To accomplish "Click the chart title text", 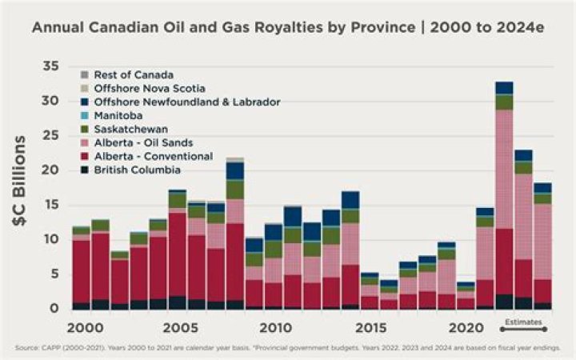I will tap(288, 27).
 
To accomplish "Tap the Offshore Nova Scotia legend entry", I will tap(149, 88).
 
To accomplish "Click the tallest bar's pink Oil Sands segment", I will tap(504, 168).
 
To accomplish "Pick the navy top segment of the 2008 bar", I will tap(234, 170).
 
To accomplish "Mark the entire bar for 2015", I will tap(370, 291).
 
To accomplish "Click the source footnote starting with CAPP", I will tap(288, 348).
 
